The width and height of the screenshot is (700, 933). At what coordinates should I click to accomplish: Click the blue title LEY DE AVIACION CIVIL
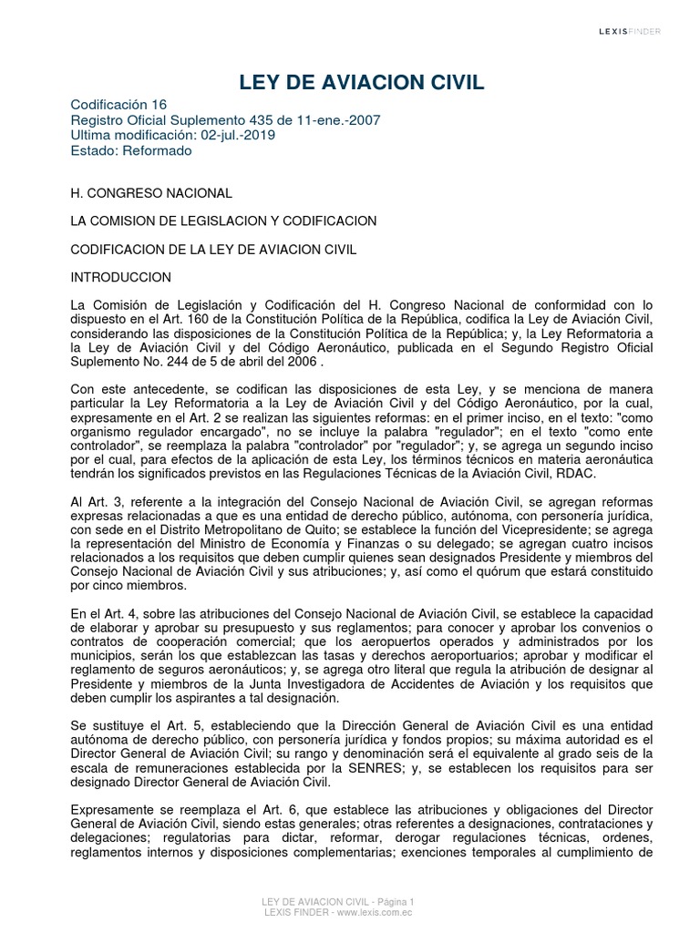(362, 84)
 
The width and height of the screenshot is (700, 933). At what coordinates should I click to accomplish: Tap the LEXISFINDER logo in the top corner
(630, 32)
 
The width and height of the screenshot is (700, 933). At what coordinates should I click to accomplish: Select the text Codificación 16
(119, 105)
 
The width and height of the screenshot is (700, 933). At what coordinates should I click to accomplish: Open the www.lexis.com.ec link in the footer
(373, 912)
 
